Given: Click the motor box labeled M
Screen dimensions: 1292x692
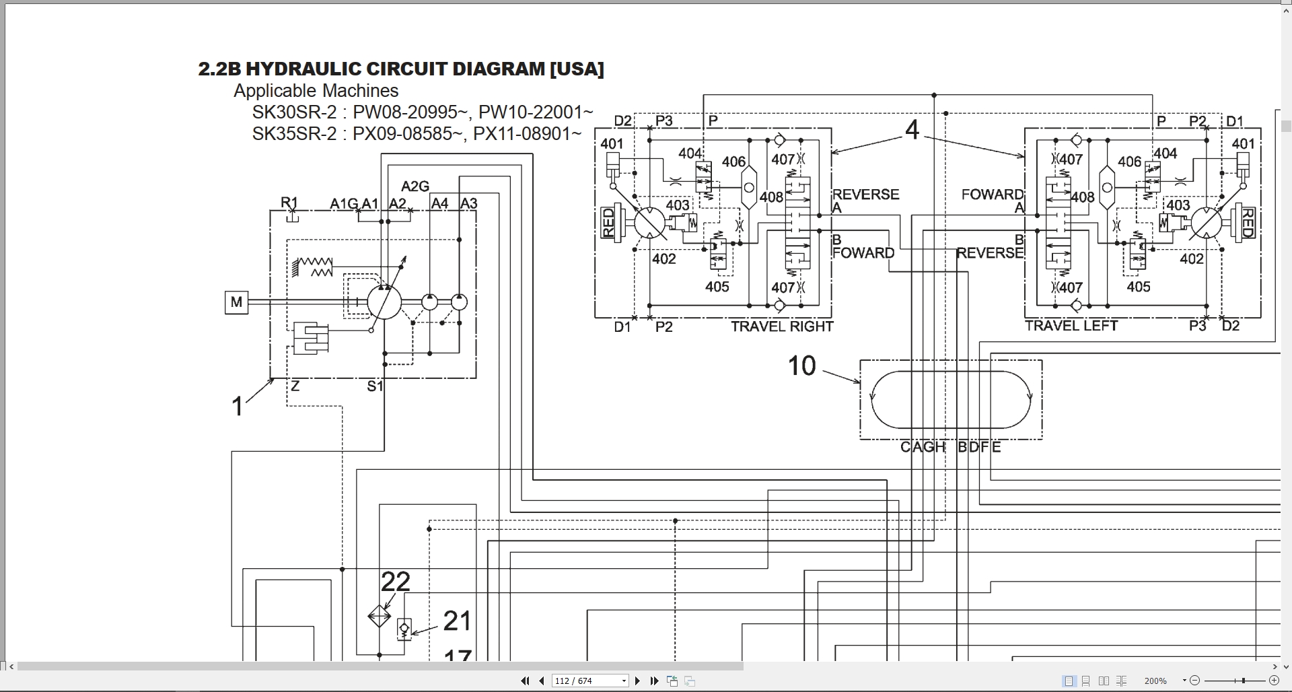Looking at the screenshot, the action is coord(236,302).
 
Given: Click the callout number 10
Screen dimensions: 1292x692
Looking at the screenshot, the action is coord(801,366).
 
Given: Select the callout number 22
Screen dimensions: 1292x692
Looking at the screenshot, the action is coord(396,582).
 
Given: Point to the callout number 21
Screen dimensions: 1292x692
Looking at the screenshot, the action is coord(457,621).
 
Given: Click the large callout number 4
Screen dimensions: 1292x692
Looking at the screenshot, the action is coord(912,130).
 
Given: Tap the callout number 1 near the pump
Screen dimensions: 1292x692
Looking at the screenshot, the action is coord(237,406).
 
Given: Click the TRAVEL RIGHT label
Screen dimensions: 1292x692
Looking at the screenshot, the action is coord(782,326).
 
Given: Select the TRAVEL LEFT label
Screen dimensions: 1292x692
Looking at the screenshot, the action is coord(1071,326).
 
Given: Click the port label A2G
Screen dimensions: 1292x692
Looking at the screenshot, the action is coord(415,186).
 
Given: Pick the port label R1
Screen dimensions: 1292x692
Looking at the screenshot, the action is coord(289,203).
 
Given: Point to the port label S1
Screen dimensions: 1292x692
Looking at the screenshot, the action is coord(375,386).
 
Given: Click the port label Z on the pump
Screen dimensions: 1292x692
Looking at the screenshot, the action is coord(295,386).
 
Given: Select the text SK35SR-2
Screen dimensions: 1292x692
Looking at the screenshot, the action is coord(294,134).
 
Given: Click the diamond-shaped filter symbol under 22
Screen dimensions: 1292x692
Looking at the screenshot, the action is coord(380,616).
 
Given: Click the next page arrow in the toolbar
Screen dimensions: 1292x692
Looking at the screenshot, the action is coord(637,681).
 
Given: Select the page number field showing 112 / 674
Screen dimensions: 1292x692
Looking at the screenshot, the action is coord(590,681).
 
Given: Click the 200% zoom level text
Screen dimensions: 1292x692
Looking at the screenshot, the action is coord(1155,681).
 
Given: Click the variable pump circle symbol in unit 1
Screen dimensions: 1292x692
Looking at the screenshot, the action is coord(384,302).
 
